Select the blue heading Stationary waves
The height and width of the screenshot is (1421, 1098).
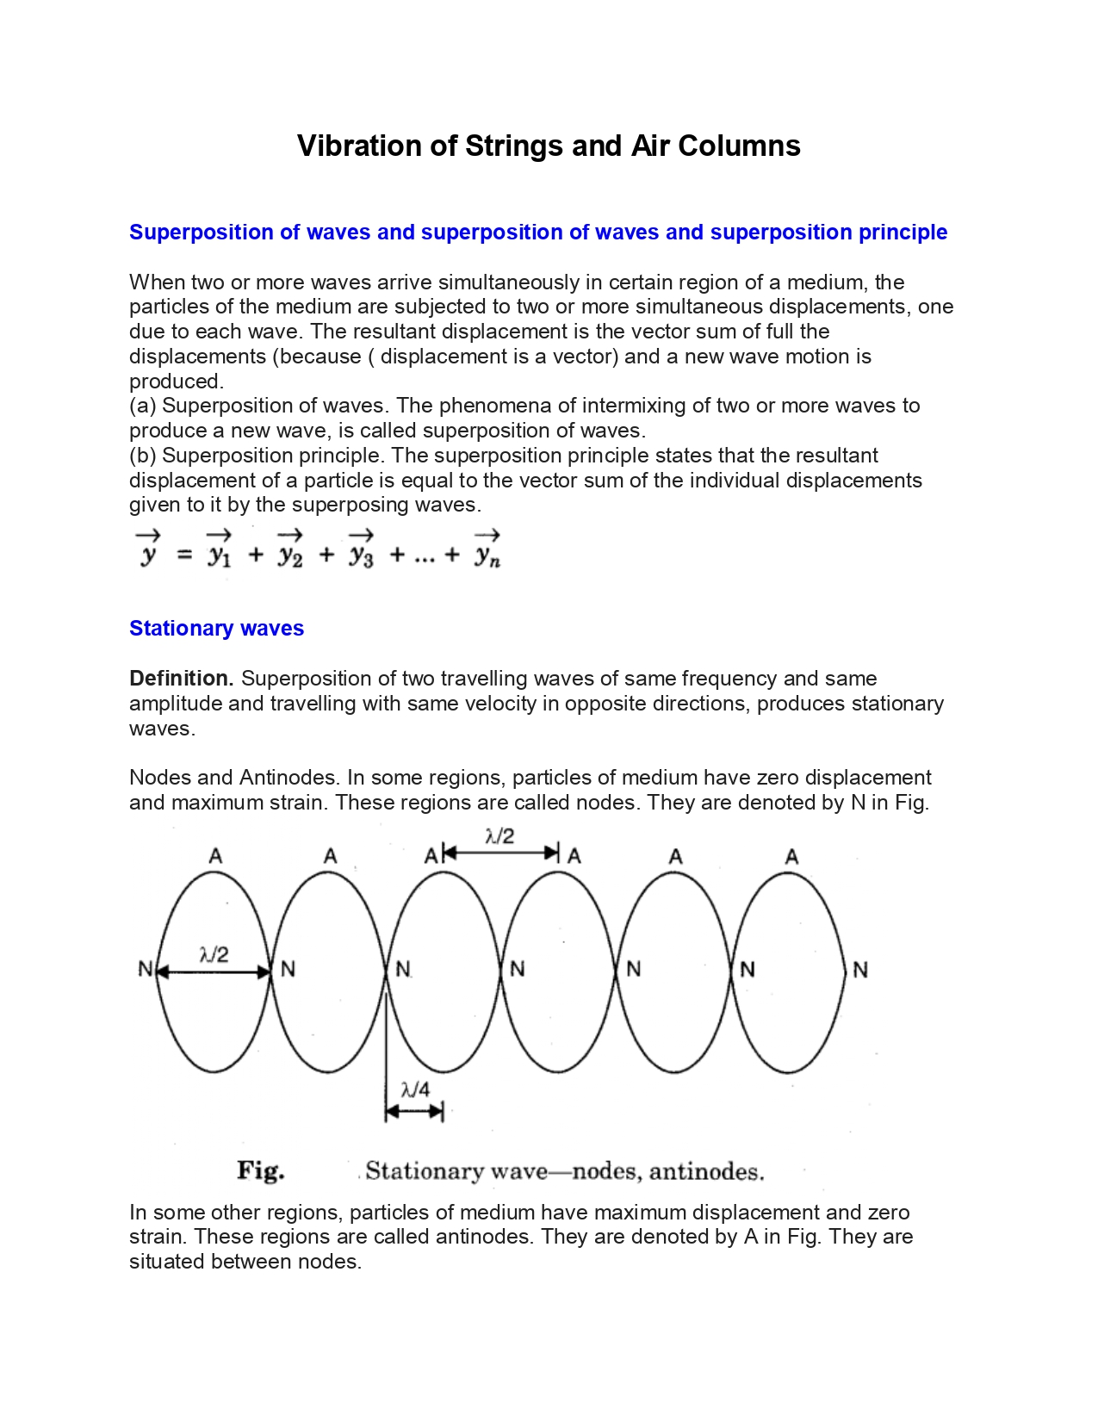[x=216, y=629]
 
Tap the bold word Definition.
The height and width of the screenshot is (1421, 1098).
[x=181, y=679]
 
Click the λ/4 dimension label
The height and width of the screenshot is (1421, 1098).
[x=415, y=1089]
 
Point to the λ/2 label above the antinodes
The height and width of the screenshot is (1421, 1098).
[x=499, y=835]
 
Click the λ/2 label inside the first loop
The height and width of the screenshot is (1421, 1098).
[x=214, y=954]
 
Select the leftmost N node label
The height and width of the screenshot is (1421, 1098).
[x=145, y=970]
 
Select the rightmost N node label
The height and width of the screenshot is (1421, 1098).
[x=859, y=971]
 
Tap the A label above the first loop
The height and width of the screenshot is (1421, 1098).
[x=215, y=856]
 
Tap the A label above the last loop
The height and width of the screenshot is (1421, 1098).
[x=791, y=857]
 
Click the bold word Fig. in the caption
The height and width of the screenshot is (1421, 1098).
[x=261, y=1170]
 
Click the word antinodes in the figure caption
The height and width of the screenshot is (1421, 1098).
[x=706, y=1171]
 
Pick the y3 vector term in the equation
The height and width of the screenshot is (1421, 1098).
[x=361, y=552]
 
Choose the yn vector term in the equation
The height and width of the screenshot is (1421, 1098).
[x=487, y=552]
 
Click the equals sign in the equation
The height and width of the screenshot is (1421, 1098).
[x=184, y=555]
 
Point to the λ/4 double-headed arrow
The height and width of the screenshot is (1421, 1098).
[x=414, y=1112]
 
